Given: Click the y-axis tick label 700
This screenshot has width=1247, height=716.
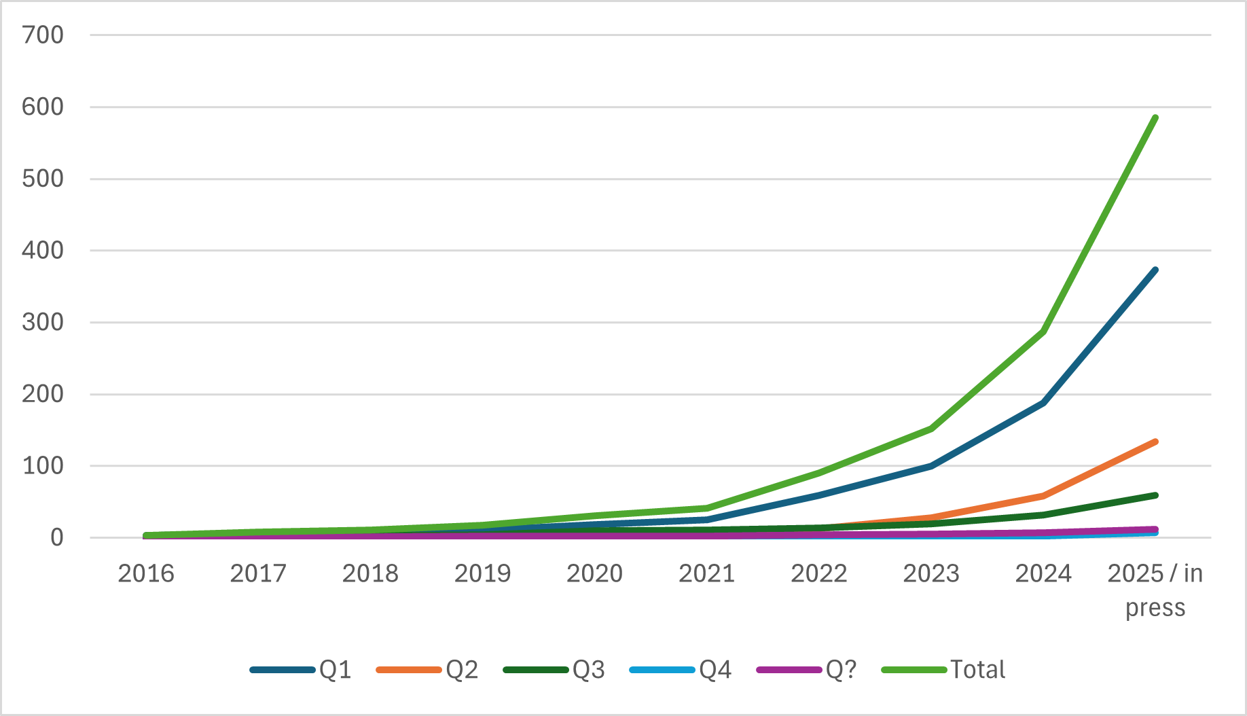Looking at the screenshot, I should click(x=43, y=35).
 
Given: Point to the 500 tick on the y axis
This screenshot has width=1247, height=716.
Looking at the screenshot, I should click(x=43, y=179).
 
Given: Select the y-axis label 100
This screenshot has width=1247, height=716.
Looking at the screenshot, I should click(x=43, y=466).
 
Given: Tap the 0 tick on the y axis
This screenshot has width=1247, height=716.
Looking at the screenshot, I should click(x=57, y=538).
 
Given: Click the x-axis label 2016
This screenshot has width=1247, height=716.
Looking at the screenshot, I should click(x=146, y=574).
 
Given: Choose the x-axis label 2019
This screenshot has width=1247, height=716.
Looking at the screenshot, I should click(x=482, y=574).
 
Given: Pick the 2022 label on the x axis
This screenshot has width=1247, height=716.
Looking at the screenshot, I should click(x=818, y=574).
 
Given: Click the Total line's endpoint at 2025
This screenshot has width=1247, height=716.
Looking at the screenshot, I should click(x=1155, y=118).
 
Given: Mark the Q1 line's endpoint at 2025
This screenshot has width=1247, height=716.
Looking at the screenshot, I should click(x=1155, y=270).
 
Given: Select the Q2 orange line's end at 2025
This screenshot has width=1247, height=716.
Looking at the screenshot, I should click(x=1155, y=442).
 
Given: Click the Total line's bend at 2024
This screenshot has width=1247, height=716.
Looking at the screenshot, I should click(x=1043, y=332).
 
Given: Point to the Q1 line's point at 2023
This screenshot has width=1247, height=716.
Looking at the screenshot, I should click(x=931, y=466).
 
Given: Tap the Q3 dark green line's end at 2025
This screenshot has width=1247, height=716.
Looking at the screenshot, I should click(x=1155, y=495).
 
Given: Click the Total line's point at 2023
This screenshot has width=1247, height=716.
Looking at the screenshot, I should click(x=931, y=429).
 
